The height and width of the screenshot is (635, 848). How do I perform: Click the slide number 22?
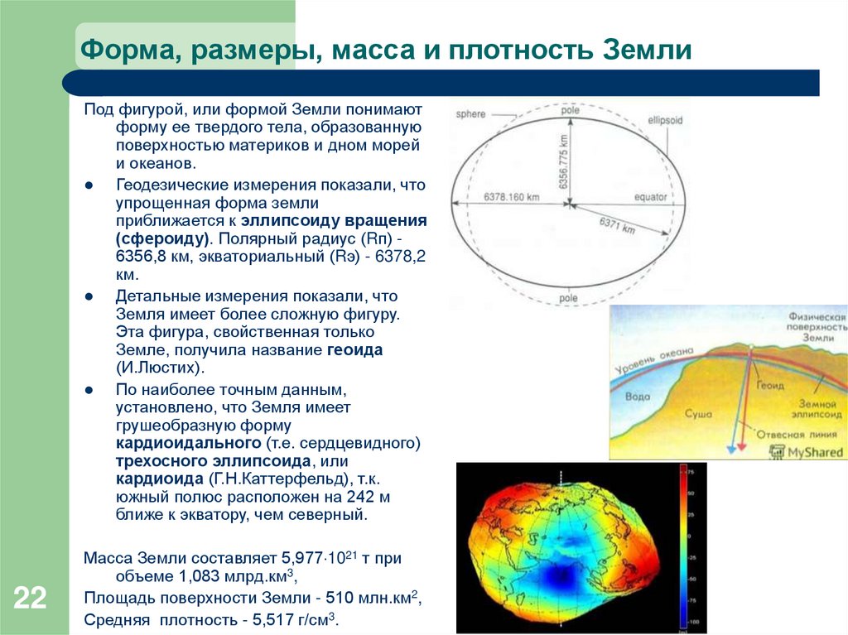pyautogui.click(x=29, y=598)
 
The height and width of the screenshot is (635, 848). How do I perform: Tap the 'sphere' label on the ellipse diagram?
pyautogui.click(x=471, y=113)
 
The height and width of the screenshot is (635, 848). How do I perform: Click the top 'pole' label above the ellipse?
pyautogui.click(x=569, y=108)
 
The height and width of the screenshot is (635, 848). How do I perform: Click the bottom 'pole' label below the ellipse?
pyautogui.click(x=569, y=296)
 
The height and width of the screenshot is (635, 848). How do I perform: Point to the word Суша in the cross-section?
pyautogui.click(x=698, y=411)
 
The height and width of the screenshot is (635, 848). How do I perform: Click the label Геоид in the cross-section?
pyautogui.click(x=769, y=386)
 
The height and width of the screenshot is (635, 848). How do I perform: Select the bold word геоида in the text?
pyautogui.click(x=354, y=350)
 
